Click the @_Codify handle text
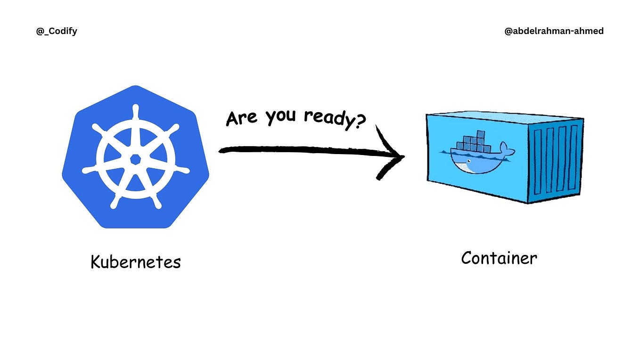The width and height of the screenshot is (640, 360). [x=57, y=31]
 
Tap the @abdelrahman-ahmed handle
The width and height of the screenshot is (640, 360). [x=554, y=31]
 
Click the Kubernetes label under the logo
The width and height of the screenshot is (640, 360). [x=136, y=262]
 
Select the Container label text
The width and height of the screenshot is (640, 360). [x=499, y=258]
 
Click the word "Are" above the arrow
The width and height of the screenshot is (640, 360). [x=241, y=118]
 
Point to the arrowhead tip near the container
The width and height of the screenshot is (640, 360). [x=404, y=156]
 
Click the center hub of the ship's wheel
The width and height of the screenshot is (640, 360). [x=135, y=160]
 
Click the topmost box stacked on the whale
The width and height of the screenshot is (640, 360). [x=481, y=134]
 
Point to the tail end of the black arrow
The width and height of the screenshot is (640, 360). [x=220, y=151]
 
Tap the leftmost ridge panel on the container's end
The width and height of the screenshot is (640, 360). [x=537, y=162]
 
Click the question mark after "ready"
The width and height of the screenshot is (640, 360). [x=361, y=122]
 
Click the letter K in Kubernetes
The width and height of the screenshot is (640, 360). [x=96, y=262]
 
